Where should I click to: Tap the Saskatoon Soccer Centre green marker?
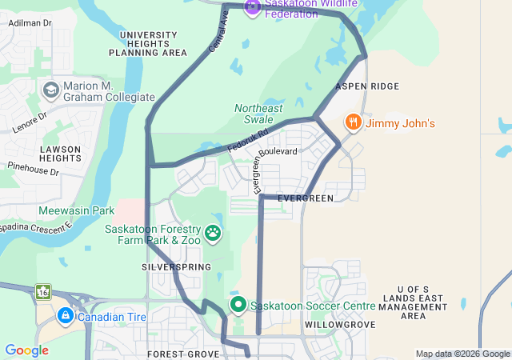point(238,306)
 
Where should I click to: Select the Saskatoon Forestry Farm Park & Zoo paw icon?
point(213,233)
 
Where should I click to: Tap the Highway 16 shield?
point(42,292)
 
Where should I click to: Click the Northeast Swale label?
point(258,114)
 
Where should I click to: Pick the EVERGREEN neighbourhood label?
point(305,198)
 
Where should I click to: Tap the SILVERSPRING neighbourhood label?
point(176,266)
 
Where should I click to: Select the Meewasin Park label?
point(77,210)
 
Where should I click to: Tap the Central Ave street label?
point(218,36)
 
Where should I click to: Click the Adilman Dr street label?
point(29,23)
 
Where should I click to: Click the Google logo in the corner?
point(26,350)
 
